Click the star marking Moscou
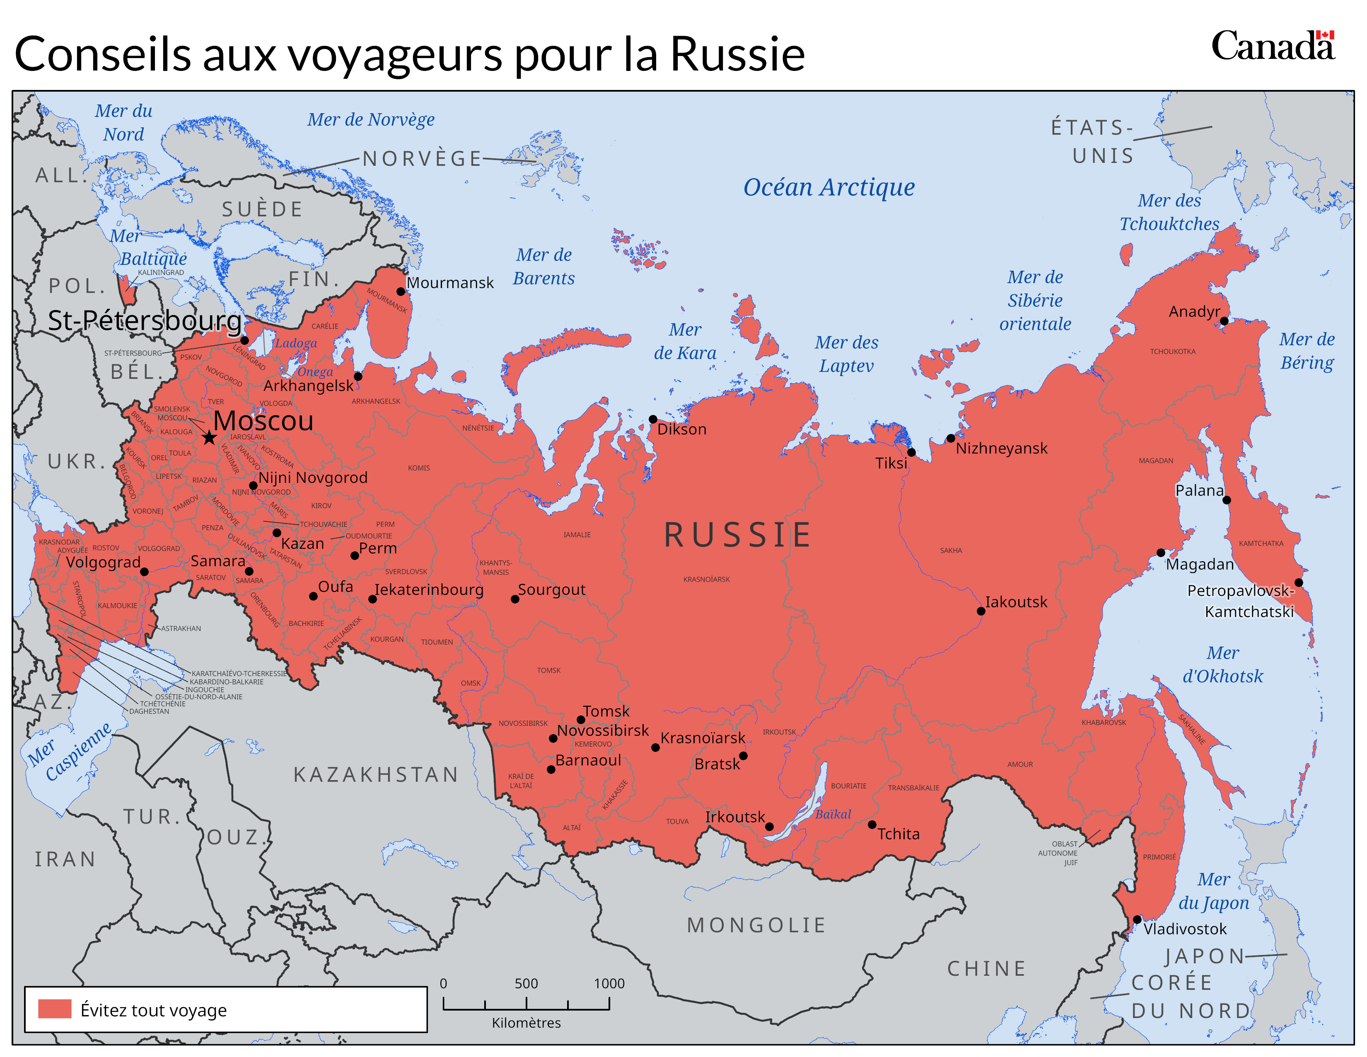(209, 437)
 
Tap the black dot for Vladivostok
(1137, 919)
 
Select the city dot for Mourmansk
(401, 291)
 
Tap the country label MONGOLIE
(756, 925)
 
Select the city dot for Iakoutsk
(981, 611)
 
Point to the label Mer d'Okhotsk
(1222, 664)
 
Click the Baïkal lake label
(833, 814)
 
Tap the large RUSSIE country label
(737, 535)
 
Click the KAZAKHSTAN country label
(376, 775)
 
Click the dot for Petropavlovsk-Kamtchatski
(1299, 582)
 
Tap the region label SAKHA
(950, 550)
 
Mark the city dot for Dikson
(653, 419)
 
